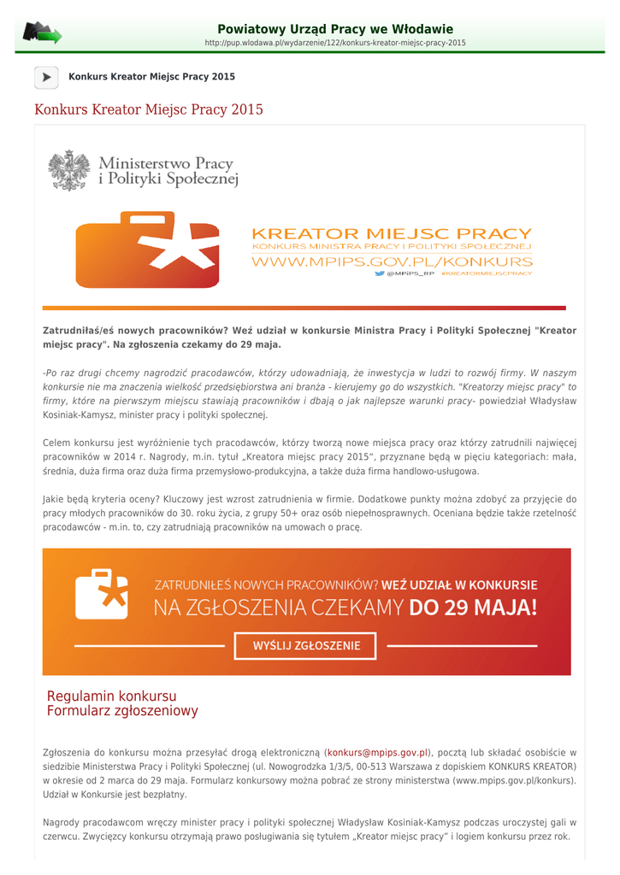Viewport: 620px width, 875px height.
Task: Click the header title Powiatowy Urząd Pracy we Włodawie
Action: click(x=335, y=29)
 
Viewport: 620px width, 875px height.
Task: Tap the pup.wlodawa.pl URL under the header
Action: click(x=335, y=43)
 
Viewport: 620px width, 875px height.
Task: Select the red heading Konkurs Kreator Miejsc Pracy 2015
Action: click(x=149, y=109)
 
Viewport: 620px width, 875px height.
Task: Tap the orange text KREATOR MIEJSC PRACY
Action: click(x=392, y=233)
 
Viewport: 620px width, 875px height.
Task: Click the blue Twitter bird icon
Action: click(x=380, y=273)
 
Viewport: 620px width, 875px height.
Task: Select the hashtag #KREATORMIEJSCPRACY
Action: click(x=487, y=273)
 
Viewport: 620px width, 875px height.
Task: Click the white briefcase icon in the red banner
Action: click(x=102, y=594)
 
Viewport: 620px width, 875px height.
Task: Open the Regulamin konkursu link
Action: click(x=111, y=696)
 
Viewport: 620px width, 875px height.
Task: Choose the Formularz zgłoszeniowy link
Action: click(x=122, y=711)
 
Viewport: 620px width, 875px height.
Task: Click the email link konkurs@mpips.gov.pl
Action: click(x=378, y=752)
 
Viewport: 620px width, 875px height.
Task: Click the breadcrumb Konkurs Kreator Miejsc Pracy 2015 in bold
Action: click(x=151, y=77)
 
